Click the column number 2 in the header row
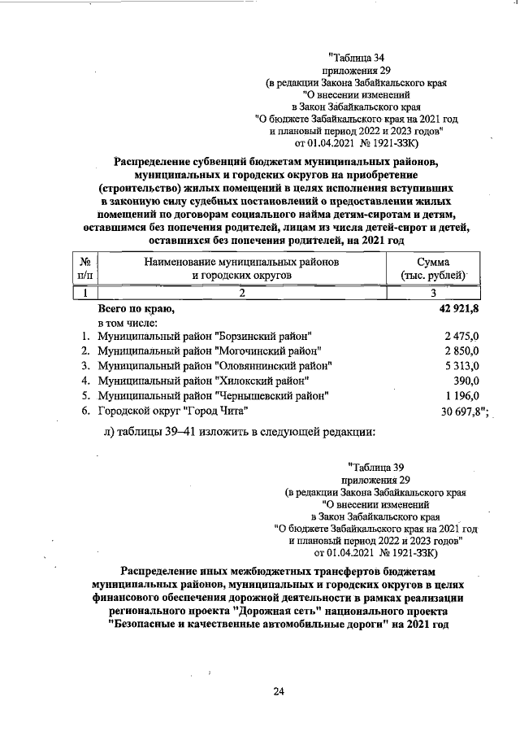point(241,294)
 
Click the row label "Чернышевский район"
point(213,395)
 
